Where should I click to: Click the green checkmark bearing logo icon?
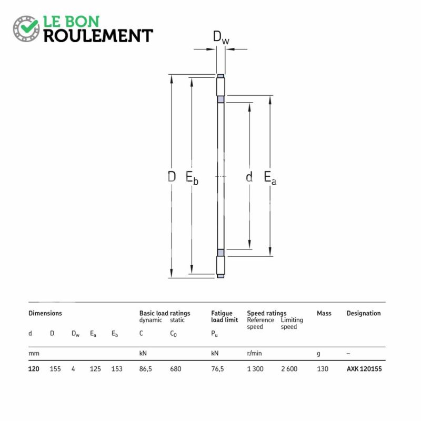pyautogui.click(x=26, y=28)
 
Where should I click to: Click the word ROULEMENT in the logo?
pyautogui.click(x=98, y=36)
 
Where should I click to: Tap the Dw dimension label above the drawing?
pyautogui.click(x=221, y=37)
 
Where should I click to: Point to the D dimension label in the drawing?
pyautogui.click(x=172, y=177)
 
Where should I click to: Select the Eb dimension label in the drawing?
pyautogui.click(x=192, y=178)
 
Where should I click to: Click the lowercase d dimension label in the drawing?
pyautogui.click(x=249, y=177)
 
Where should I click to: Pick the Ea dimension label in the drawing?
pyautogui.click(x=270, y=178)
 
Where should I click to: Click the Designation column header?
pyautogui.click(x=364, y=313)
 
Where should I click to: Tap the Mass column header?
pyautogui.click(x=324, y=313)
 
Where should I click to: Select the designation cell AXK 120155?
pyautogui.click(x=364, y=369)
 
